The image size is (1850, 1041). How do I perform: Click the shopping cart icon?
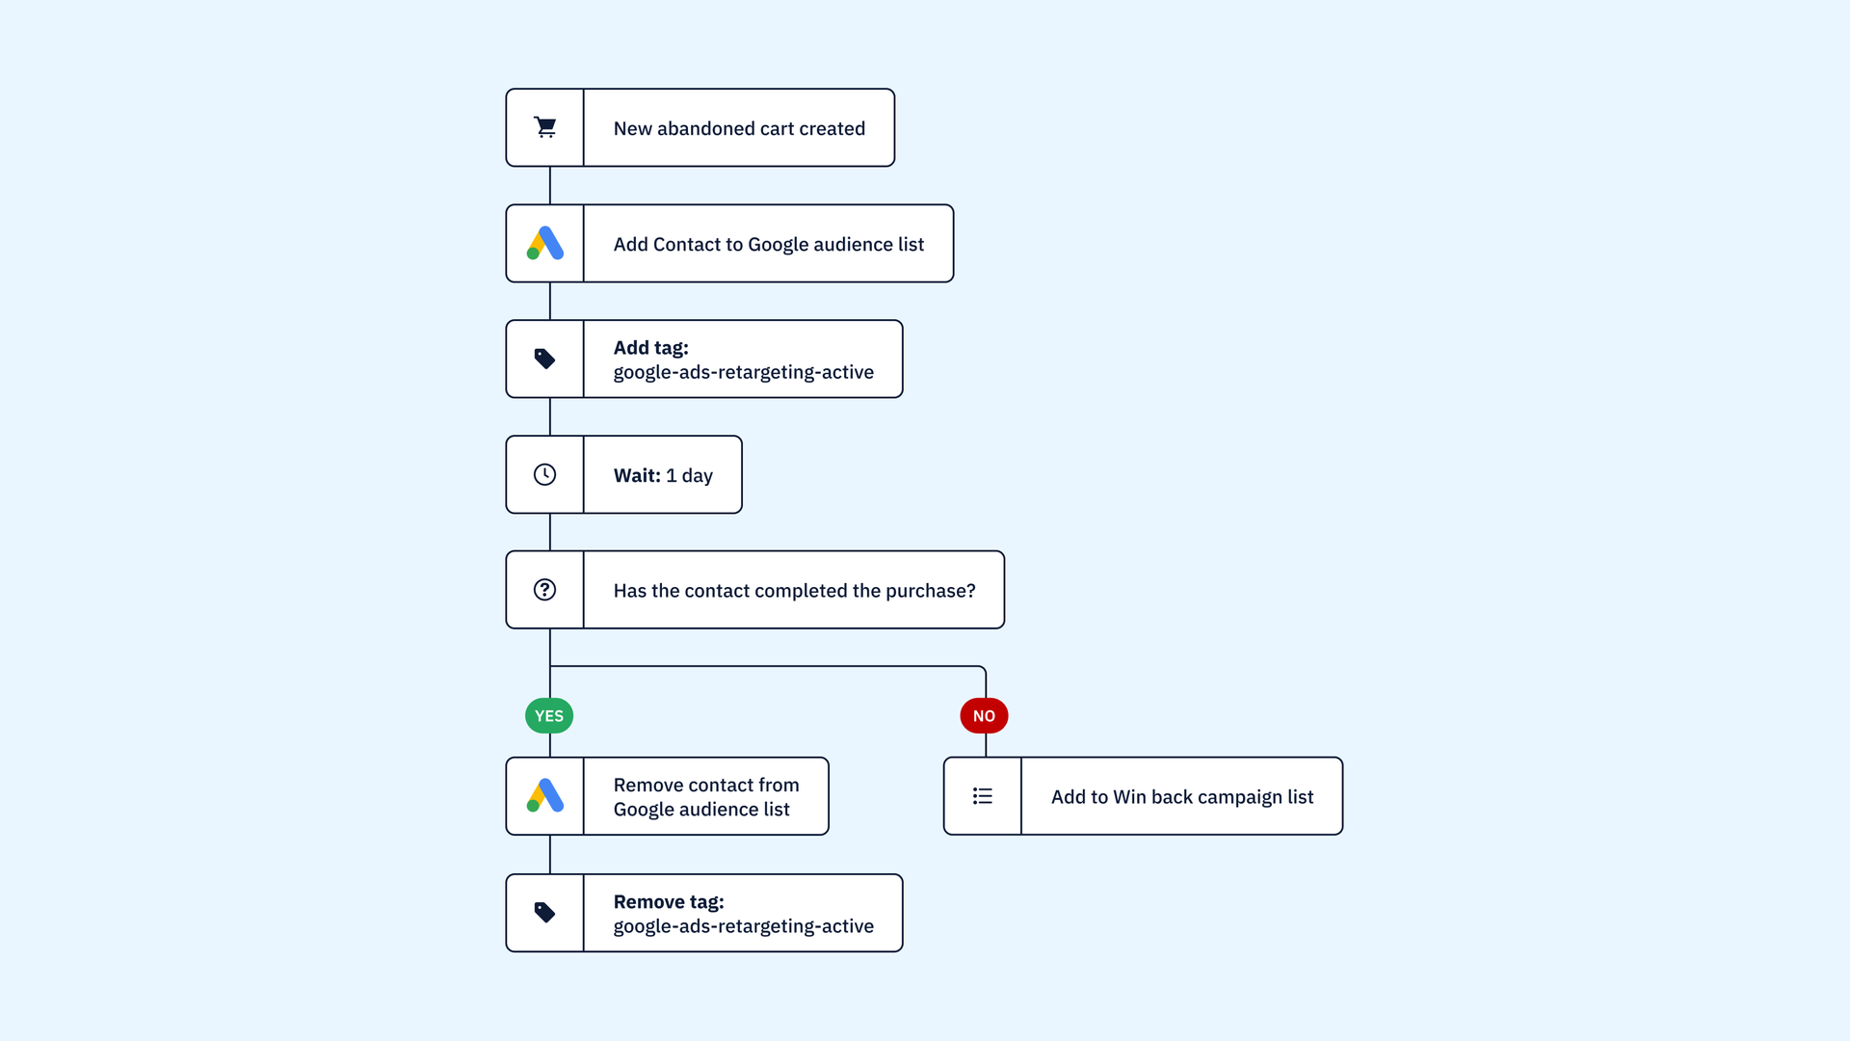545,127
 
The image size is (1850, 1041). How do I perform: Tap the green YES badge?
549,716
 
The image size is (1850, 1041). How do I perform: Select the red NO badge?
984,716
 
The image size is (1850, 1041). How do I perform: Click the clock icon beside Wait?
545,474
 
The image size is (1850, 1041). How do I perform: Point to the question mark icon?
545,590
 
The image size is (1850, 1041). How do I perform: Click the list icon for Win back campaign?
983,796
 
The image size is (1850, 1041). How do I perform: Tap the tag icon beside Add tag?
545,360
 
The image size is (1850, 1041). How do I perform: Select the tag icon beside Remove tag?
545,913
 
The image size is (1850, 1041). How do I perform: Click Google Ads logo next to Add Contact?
545,243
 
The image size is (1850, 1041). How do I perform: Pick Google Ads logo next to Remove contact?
545,795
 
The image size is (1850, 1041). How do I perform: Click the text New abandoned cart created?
739,128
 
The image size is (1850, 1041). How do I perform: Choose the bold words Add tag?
651,348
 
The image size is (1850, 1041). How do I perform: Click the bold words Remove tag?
669,902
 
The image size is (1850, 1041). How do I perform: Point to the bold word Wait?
637,475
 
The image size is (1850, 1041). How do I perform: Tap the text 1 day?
690,475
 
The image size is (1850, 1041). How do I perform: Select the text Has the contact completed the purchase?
794,591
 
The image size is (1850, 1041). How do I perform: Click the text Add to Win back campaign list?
1182,797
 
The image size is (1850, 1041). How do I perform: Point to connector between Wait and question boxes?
550,532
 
